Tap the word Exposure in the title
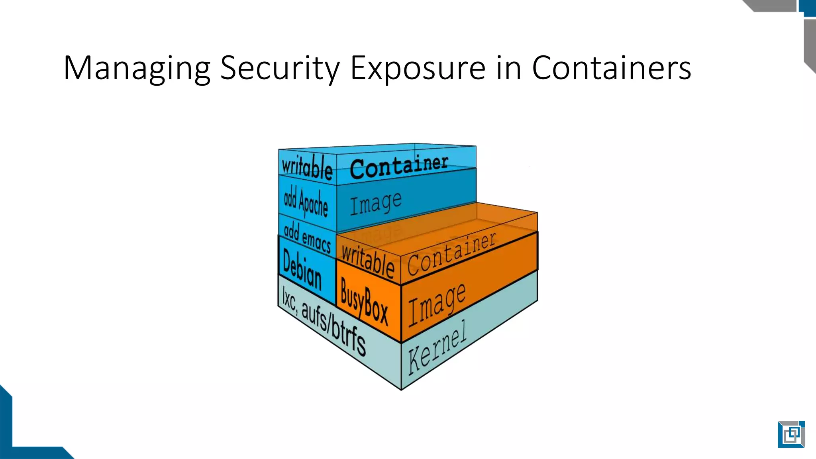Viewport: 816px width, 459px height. click(418, 69)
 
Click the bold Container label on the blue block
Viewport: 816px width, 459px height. click(399, 167)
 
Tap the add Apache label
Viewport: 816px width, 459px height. click(306, 202)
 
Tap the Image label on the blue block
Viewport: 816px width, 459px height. click(376, 203)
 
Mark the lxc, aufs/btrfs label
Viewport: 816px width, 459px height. click(324, 321)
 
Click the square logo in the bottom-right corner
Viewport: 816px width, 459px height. click(791, 434)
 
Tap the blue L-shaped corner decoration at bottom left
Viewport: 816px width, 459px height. click(16, 438)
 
